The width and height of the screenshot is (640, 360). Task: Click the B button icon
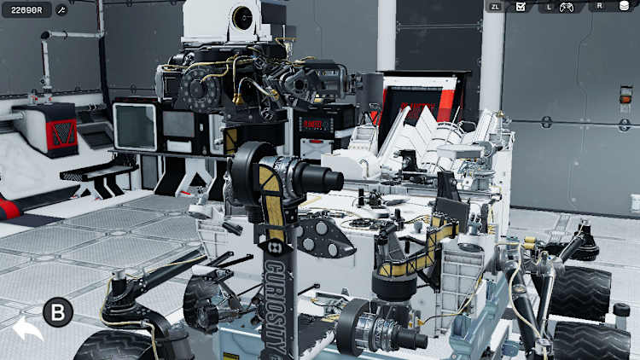58,312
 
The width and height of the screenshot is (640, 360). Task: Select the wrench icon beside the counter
61,9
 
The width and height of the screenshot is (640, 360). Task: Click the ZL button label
495,6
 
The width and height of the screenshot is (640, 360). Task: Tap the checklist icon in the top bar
520,6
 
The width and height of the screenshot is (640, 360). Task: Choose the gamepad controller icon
566,6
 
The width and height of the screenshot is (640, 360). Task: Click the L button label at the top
550,6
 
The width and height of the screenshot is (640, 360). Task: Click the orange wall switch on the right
626,99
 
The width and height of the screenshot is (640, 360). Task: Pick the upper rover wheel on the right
581,291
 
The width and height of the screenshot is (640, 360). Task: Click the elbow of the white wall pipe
45,36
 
